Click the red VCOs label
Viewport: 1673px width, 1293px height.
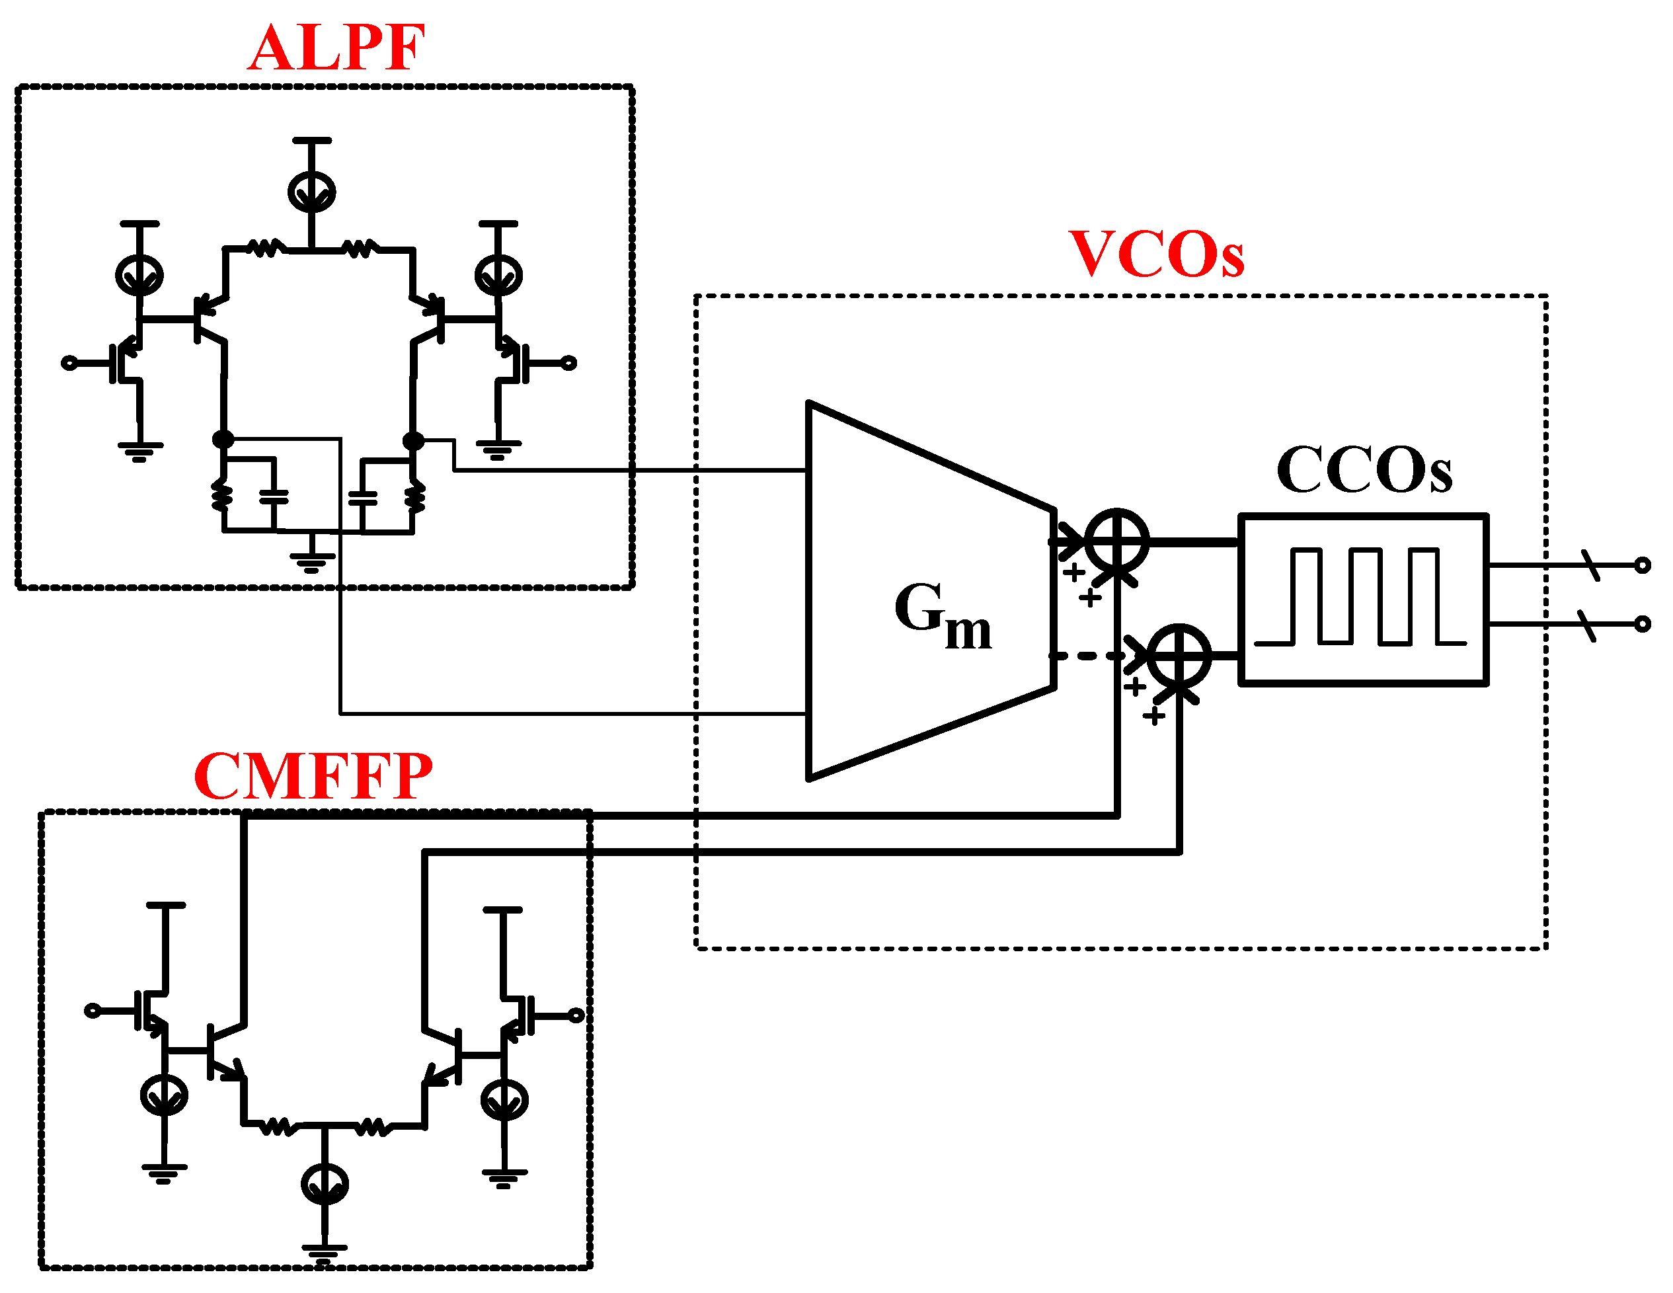pos(1156,255)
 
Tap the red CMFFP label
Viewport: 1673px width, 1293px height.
pos(313,777)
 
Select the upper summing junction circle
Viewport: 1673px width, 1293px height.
pos(1118,541)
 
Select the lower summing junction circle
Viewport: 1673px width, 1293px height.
pos(1181,656)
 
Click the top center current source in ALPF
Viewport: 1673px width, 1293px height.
pos(312,192)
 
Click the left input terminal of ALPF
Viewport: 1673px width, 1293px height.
pos(69,363)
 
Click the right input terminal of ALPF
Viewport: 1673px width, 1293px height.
pos(568,363)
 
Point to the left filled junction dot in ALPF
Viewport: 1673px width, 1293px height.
pos(223,440)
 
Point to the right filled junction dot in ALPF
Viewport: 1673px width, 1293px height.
pos(413,441)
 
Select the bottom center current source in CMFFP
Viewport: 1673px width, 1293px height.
pos(325,1183)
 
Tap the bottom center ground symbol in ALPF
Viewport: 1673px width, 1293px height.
pos(312,561)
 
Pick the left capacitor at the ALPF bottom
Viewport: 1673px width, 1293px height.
pos(274,497)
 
